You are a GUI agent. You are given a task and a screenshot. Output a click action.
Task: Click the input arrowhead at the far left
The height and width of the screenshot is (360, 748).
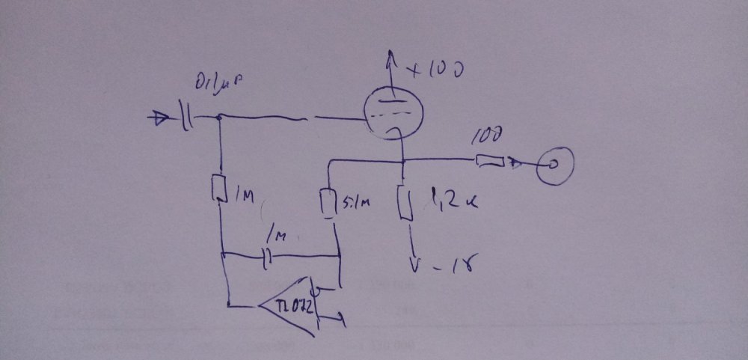pyautogui.click(x=159, y=117)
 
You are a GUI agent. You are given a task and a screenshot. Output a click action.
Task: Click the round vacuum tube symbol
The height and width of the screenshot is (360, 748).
pyautogui.click(x=391, y=114)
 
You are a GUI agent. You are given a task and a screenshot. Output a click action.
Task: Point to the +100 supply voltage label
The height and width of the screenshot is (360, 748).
pyautogui.click(x=438, y=71)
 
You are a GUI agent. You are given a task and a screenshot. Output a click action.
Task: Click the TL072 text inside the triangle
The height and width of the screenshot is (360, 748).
pyautogui.click(x=289, y=306)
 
